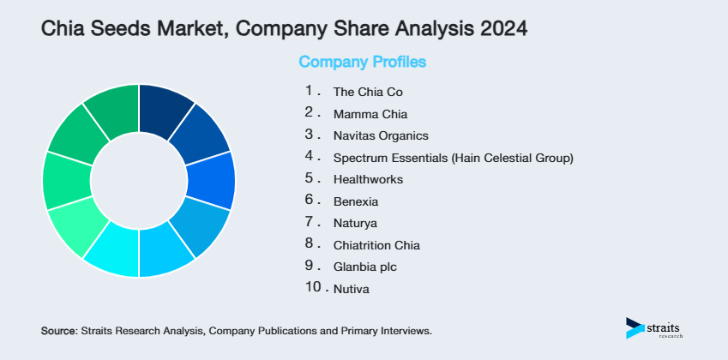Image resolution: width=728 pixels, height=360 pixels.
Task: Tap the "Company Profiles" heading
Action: pos(362,62)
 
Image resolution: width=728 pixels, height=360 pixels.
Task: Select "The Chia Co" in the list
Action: pos(368,91)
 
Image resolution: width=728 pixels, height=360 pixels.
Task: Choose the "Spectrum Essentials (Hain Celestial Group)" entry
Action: pos(453,158)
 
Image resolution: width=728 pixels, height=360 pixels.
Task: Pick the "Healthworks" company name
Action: pos(368,180)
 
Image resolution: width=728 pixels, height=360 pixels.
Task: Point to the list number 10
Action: pos(314,286)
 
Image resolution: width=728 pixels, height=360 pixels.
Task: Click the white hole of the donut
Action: pos(138,181)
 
